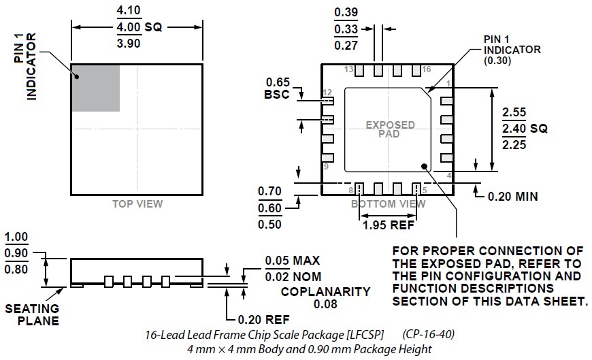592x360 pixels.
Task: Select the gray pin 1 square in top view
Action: [x=95, y=88]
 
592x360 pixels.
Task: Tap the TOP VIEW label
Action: [x=137, y=203]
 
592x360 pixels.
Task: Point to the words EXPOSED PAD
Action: [x=390, y=129]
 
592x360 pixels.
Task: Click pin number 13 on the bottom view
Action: [x=348, y=70]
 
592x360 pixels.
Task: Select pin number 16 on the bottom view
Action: [x=427, y=70]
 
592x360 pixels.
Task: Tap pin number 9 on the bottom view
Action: [x=326, y=167]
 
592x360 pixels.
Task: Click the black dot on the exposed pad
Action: [x=425, y=164]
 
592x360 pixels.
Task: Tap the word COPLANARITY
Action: [x=327, y=292]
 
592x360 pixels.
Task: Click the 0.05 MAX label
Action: [x=292, y=261]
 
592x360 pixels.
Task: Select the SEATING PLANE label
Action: [x=32, y=314]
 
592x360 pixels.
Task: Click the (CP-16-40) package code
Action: [x=429, y=335]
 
